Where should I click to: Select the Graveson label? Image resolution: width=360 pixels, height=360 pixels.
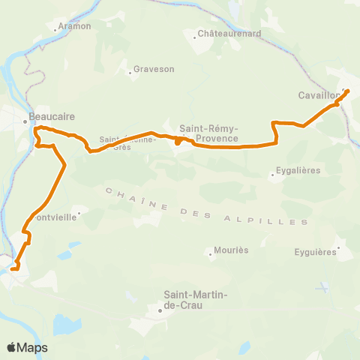pos(154,69)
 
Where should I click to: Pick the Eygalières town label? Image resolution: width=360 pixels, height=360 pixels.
pos(299,170)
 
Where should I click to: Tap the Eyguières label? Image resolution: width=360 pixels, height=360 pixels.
pos(315,252)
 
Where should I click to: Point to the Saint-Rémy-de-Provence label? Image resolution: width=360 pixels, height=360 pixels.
pos(209,133)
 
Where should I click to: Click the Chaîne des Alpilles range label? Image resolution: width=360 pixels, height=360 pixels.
pos(207,206)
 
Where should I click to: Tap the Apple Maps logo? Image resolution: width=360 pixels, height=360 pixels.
pos(27,347)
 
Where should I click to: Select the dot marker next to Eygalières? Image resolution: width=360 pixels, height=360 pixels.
pos(272,176)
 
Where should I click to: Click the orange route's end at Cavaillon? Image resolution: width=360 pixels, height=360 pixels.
pos(347,91)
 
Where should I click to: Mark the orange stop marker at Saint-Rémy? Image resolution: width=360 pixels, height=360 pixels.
pos(177,140)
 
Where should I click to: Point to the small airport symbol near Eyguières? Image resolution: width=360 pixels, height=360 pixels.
pos(323,287)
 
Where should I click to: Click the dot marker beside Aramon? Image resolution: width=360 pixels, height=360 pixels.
pos(58,30)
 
